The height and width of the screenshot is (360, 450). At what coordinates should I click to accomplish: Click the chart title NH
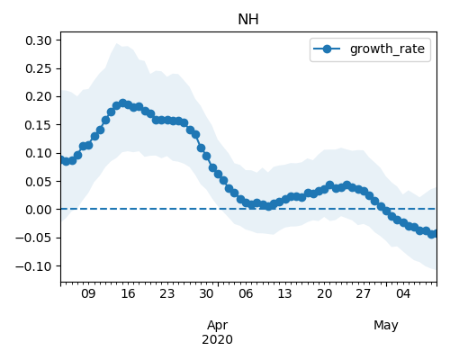pyautogui.click(x=248, y=20)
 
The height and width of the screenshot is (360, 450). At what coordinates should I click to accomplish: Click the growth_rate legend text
pyautogui.click(x=387, y=49)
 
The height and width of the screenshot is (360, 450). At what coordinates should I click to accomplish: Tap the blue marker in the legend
pyautogui.click(x=327, y=49)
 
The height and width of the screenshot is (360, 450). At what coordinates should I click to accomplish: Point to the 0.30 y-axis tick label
pyautogui.click(x=39, y=40)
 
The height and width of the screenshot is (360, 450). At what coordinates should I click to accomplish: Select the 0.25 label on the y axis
pyautogui.click(x=39, y=68)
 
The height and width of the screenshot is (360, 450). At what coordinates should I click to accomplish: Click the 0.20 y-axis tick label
pyautogui.click(x=39, y=97)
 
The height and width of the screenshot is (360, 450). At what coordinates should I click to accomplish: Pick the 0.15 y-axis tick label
pyautogui.click(x=39, y=125)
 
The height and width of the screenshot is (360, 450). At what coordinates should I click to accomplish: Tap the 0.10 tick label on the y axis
pyautogui.click(x=39, y=153)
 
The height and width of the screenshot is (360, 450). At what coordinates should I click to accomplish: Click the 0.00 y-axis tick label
pyautogui.click(x=39, y=210)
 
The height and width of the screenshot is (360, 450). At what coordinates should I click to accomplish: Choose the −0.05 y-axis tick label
pyautogui.click(x=33, y=238)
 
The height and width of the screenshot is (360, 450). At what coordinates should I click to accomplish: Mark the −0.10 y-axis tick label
pyautogui.click(x=33, y=266)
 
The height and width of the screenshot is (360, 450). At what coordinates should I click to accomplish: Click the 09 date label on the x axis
pyautogui.click(x=88, y=293)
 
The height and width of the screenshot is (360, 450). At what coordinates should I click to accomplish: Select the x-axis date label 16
pyautogui.click(x=128, y=293)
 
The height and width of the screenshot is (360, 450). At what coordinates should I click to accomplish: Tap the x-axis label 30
pyautogui.click(x=206, y=293)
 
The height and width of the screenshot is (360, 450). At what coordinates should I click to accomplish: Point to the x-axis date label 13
pyautogui.click(x=284, y=293)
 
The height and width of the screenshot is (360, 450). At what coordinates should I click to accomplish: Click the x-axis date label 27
pyautogui.click(x=364, y=293)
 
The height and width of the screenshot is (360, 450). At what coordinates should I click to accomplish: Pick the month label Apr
pyautogui.click(x=218, y=326)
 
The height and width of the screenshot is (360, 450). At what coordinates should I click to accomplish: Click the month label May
pyautogui.click(x=386, y=326)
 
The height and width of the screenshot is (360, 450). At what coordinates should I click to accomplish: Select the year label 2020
pyautogui.click(x=217, y=340)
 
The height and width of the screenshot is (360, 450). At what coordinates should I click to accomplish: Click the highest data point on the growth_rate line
pyautogui.click(x=122, y=103)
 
